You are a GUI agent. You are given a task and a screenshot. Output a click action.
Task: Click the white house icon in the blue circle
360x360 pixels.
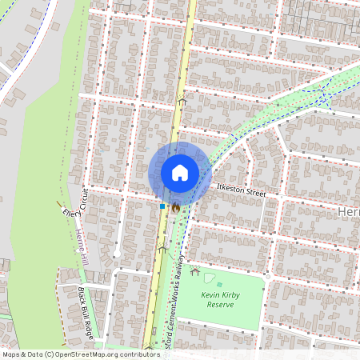coord(180,173)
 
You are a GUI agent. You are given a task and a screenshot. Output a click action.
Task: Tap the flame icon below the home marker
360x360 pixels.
coord(175,206)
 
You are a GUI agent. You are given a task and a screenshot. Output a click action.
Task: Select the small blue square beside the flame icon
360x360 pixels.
coord(162,206)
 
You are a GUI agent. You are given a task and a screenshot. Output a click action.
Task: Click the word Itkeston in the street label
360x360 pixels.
coord(230,190)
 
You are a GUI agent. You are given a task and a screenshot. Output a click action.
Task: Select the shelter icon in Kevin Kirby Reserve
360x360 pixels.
coord(194,271)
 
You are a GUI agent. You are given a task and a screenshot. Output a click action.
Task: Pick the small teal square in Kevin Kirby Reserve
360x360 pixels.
coord(219,284)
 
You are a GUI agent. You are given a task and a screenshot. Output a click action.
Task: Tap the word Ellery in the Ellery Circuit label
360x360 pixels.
coord(72,213)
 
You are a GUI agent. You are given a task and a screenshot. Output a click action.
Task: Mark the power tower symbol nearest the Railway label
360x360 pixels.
coord(162,250)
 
